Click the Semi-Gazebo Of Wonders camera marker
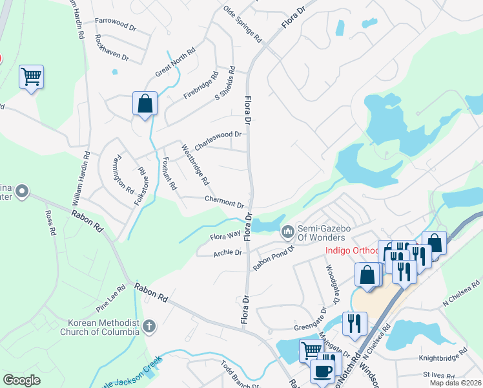[287, 230]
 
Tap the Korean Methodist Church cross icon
[149, 326]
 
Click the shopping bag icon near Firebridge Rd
[145, 103]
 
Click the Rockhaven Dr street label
[112, 48]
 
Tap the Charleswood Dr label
[218, 141]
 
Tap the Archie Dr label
[227, 253]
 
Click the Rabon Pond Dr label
[273, 257]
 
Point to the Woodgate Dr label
[332, 285]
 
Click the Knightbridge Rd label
[444, 355]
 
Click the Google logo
[21, 380]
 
